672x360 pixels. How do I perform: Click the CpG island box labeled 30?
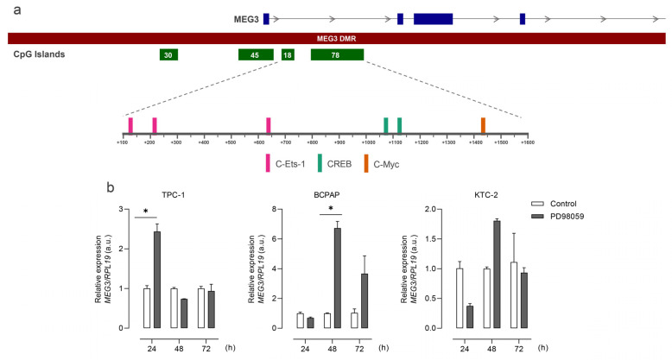[168, 54]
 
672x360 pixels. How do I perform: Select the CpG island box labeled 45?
[256, 54]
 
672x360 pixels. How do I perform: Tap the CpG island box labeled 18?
[288, 54]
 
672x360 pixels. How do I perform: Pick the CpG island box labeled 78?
[337, 54]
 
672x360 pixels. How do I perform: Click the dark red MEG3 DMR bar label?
[336, 38]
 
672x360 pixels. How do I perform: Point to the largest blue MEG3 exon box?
[433, 18]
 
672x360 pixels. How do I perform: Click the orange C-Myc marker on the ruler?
[483, 125]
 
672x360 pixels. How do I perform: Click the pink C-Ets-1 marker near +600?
[269, 125]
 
